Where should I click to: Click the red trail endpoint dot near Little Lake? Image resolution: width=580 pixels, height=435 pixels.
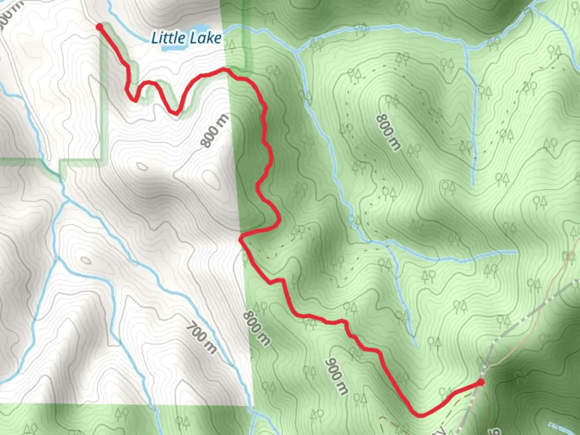click(x=99, y=27)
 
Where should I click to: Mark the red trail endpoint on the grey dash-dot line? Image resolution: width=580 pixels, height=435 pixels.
click(x=481, y=382)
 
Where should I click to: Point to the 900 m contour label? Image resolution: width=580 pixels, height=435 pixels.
click(x=336, y=377)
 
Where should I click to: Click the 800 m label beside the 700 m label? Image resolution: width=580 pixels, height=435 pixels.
click(x=256, y=328)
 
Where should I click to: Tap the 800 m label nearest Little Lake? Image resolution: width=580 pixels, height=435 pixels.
click(x=215, y=131)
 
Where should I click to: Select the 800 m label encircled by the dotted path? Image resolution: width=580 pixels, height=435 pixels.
click(x=389, y=133)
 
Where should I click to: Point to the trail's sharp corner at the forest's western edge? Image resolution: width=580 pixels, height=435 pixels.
click(x=240, y=239)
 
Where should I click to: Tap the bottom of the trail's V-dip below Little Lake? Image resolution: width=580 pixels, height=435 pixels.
click(x=176, y=114)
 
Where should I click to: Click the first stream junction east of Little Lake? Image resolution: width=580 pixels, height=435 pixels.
click(x=297, y=51)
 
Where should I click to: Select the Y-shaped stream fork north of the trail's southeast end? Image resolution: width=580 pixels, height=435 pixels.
click(x=387, y=244)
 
